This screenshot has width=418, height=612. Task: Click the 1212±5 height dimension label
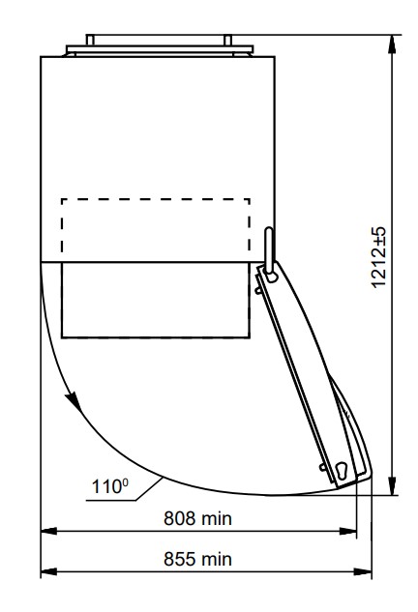(x=377, y=257)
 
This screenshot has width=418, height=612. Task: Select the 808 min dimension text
(x=197, y=519)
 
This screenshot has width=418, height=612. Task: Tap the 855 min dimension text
(x=197, y=559)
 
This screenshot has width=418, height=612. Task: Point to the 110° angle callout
(x=109, y=486)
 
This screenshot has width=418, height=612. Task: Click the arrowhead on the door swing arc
(x=75, y=402)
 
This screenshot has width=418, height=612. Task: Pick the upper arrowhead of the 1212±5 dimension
(x=392, y=44)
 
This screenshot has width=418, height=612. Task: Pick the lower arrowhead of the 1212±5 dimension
(x=392, y=486)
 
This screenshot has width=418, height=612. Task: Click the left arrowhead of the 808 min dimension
(x=48, y=531)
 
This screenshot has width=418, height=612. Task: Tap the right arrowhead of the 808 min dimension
(x=348, y=531)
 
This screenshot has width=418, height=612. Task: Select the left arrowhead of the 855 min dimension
(x=48, y=571)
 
